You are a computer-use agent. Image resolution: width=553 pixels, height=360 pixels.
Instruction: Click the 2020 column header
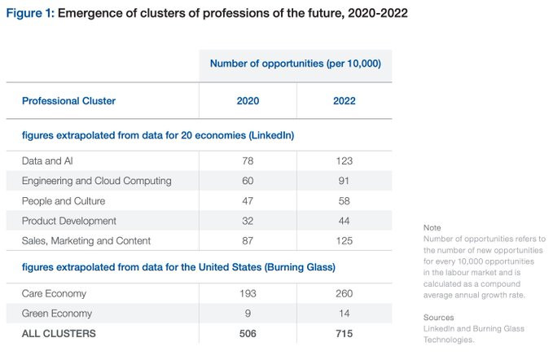[248, 101]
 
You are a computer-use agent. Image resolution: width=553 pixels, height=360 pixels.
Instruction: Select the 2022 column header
[345, 101]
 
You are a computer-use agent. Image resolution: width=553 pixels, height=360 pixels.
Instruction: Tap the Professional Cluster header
[68, 101]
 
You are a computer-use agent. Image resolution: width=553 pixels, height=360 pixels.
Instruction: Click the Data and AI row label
[47, 161]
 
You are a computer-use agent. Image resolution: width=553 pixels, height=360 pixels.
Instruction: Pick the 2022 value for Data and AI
[345, 161]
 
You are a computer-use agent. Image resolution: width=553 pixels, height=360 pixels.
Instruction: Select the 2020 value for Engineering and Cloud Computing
[248, 181]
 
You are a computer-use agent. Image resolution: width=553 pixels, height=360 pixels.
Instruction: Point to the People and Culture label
[64, 201]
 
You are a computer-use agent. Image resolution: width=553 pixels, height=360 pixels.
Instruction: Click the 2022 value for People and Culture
[345, 201]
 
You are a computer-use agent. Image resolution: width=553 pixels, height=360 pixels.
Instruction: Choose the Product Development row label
[69, 221]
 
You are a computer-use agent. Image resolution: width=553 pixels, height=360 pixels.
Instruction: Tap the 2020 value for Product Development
[248, 221]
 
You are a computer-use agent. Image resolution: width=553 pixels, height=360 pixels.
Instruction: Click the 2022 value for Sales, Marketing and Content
[345, 241]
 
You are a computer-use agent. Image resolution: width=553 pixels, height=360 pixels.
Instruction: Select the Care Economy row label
[54, 294]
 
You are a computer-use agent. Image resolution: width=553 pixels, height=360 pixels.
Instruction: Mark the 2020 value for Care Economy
[248, 294]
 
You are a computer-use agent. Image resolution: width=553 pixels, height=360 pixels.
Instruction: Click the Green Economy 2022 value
[345, 314]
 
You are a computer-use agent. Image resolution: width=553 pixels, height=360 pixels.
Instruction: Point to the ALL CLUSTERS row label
[59, 334]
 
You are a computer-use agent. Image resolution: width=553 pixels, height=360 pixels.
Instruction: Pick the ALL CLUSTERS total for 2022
[345, 334]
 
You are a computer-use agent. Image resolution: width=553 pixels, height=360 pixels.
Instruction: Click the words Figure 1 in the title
[30, 13]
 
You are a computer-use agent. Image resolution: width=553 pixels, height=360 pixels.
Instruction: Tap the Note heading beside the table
[432, 228]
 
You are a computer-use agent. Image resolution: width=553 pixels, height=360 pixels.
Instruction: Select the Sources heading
[439, 318]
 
